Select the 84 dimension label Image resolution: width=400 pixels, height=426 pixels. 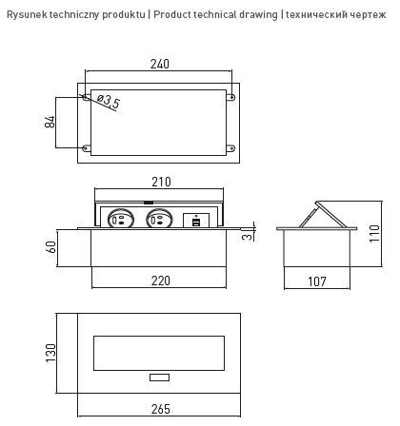[x=50, y=122]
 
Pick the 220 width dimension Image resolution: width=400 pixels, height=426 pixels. [x=159, y=281]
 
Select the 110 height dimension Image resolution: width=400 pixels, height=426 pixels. [x=374, y=231]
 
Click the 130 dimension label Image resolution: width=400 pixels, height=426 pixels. [x=50, y=354]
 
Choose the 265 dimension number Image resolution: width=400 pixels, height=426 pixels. [x=159, y=411]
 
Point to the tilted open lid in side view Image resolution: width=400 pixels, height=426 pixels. [x=319, y=214]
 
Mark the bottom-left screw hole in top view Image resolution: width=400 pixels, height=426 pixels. [x=88, y=148]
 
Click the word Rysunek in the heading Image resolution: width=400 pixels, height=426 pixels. [x=28, y=15]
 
